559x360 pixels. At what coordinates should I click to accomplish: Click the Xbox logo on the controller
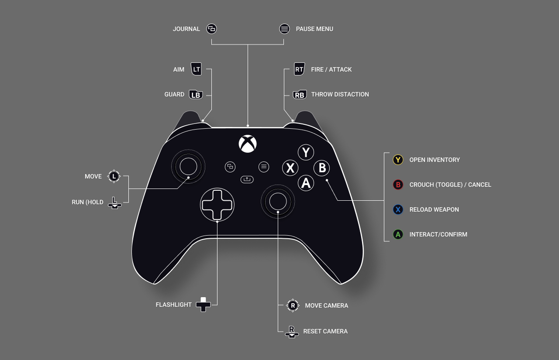coord(248,144)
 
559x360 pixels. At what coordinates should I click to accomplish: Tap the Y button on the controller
coord(306,152)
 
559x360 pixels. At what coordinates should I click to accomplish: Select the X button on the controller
coord(290,168)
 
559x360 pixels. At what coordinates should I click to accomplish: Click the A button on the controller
coord(306,183)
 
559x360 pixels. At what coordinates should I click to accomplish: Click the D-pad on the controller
coord(217,205)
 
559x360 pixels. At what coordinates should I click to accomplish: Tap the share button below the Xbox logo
coord(247,179)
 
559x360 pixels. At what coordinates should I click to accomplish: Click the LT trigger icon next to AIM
coord(196,69)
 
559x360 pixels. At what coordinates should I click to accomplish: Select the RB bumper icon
coord(300,95)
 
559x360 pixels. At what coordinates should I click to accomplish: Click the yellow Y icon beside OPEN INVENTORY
coord(398,160)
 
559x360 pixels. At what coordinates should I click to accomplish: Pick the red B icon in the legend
coord(398,185)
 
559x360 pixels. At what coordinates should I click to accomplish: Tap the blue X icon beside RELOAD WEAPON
coord(398,209)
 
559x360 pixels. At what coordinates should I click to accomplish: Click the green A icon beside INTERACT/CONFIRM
coord(398,235)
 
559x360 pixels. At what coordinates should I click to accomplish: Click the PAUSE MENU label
coord(314,29)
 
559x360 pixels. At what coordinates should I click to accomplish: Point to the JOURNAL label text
coord(186,29)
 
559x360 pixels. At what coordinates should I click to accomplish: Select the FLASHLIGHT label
coord(174,305)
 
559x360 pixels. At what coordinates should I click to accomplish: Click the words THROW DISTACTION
coord(340,95)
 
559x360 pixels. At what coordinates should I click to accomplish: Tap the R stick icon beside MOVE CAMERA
coord(293,305)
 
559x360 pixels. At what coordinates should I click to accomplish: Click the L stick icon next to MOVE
coord(114,177)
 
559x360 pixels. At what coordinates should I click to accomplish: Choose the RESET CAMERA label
coord(325,331)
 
